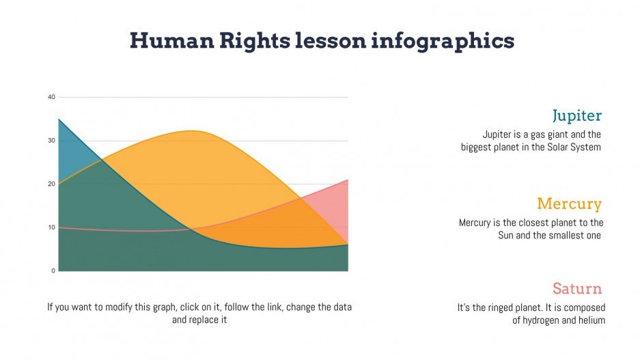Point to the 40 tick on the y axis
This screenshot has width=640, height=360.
click(51, 97)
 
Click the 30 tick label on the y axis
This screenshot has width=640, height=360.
click(51, 141)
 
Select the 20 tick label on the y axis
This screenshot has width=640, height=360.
click(51, 184)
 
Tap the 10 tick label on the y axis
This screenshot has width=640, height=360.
click(51, 227)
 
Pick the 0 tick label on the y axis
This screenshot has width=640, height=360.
click(53, 271)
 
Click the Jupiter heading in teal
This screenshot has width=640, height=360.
click(576, 115)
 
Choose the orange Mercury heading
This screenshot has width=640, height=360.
click(569, 204)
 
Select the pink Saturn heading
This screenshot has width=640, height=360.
click(577, 288)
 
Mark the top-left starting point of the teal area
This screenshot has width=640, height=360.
click(59, 120)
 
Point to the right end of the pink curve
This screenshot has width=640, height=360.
click(348, 180)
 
